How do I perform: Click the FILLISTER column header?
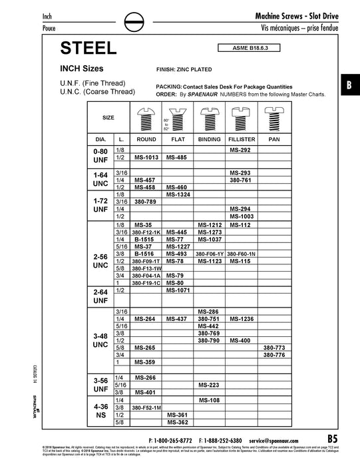[x=244, y=140]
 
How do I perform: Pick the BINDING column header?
[x=210, y=140]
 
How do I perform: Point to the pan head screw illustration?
[x=274, y=118]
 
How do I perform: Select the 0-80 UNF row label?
[x=101, y=154]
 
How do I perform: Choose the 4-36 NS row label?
[x=101, y=409]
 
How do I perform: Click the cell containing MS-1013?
[x=146, y=158]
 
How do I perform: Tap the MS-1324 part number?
[x=178, y=194]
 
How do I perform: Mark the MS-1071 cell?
[x=178, y=291]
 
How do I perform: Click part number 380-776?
[x=273, y=355]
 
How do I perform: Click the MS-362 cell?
[x=178, y=421]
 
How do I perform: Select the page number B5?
[x=333, y=439]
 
